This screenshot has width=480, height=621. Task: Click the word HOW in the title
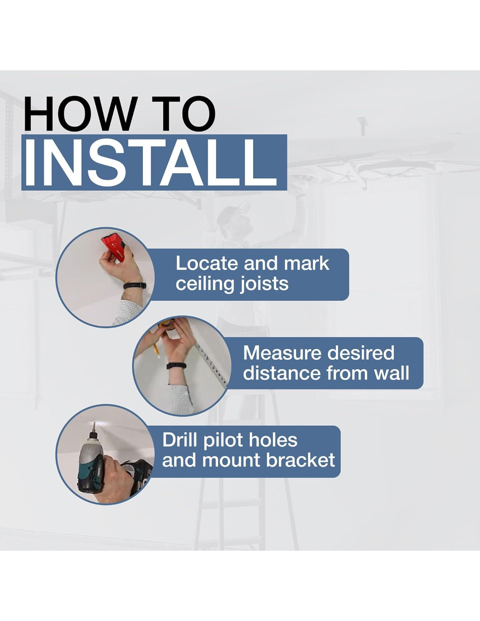[x=79, y=114]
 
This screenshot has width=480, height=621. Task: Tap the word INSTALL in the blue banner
[x=151, y=162]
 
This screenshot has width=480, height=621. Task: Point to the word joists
[x=264, y=284]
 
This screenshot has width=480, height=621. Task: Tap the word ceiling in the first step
[x=205, y=285]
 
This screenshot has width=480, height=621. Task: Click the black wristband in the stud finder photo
[x=134, y=286]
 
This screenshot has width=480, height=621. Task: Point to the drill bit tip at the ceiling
[x=94, y=423]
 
